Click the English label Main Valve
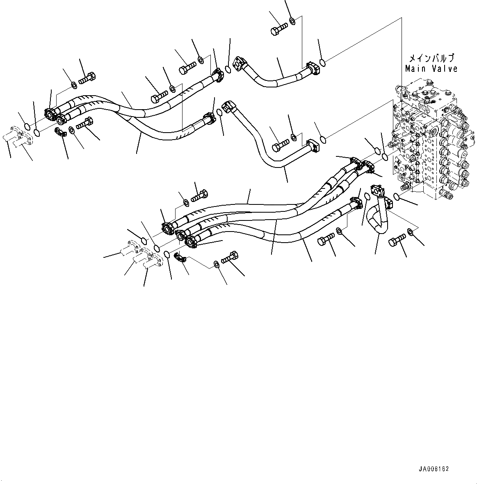point(431,69)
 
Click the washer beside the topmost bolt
point(292,21)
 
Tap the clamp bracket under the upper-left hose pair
point(60,131)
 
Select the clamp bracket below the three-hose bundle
point(180,257)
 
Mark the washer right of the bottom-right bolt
point(411,231)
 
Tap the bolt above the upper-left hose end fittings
point(87,78)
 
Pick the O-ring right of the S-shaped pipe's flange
point(323,140)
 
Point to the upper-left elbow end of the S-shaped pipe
point(229,106)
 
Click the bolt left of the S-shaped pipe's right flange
point(281,146)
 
